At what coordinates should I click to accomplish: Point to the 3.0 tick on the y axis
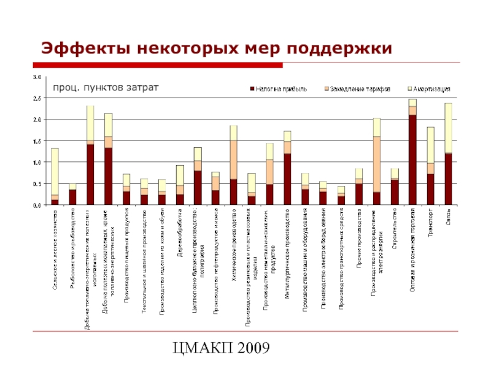[x=37, y=77]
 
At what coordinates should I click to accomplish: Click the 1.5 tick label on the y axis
[x=37, y=141]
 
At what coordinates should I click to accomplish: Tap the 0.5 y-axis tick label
[x=37, y=184]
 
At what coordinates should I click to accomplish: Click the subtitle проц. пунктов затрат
[x=104, y=88]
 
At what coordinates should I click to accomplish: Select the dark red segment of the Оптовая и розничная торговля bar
[x=412, y=159]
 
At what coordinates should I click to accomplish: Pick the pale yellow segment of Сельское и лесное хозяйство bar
[x=55, y=171]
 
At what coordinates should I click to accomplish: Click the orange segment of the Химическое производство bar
[x=234, y=159]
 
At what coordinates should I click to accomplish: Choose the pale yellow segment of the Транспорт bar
[x=431, y=145]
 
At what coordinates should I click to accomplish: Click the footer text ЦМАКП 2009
[x=222, y=349]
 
